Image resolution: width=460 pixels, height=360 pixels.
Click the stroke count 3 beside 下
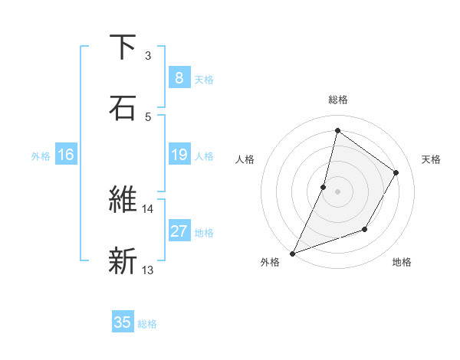coord(148,56)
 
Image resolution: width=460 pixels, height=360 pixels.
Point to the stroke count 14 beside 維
coord(148,208)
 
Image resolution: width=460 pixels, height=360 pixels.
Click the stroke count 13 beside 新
coord(148,270)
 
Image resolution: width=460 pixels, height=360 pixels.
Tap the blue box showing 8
coord(179,78)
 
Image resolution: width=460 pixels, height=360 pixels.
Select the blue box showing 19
coord(179,155)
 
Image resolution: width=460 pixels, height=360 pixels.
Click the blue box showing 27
coord(179,232)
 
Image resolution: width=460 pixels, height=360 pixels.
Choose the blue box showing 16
coord(66,155)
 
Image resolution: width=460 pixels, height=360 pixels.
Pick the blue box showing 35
coord(123,322)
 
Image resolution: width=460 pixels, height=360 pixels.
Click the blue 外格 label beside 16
coord(41,156)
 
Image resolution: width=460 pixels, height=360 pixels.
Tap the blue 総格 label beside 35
coord(147,323)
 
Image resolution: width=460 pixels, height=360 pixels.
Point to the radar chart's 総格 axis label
coord(338,100)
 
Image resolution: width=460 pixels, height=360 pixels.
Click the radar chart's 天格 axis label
coord(432,159)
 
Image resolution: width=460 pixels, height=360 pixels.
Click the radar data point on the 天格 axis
coord(396,172)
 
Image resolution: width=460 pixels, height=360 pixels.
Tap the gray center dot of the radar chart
coord(338,191)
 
